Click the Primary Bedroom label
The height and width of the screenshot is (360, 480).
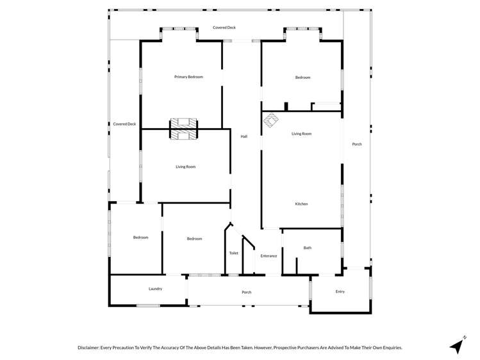click(188, 77)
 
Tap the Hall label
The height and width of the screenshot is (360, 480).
click(244, 136)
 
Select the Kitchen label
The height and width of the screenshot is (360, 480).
click(301, 204)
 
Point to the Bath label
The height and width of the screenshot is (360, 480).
click(308, 248)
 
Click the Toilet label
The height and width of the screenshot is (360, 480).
click(233, 253)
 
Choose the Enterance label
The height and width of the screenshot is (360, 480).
click(269, 256)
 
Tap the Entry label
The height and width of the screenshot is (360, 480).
click(340, 291)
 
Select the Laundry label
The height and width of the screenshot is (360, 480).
click(155, 289)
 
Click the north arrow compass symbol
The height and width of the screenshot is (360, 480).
click(458, 345)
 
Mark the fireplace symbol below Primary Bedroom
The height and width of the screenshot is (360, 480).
click(183, 129)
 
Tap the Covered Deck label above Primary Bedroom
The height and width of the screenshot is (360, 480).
click(224, 28)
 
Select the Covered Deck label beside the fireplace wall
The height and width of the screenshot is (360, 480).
click(124, 124)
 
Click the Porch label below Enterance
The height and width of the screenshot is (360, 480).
click(246, 292)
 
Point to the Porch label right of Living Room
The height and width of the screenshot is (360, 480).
click(357, 144)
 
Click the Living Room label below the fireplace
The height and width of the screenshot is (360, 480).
click(186, 167)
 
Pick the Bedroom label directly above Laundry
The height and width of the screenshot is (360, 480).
click(140, 238)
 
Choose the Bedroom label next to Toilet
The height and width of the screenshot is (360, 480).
click(194, 239)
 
